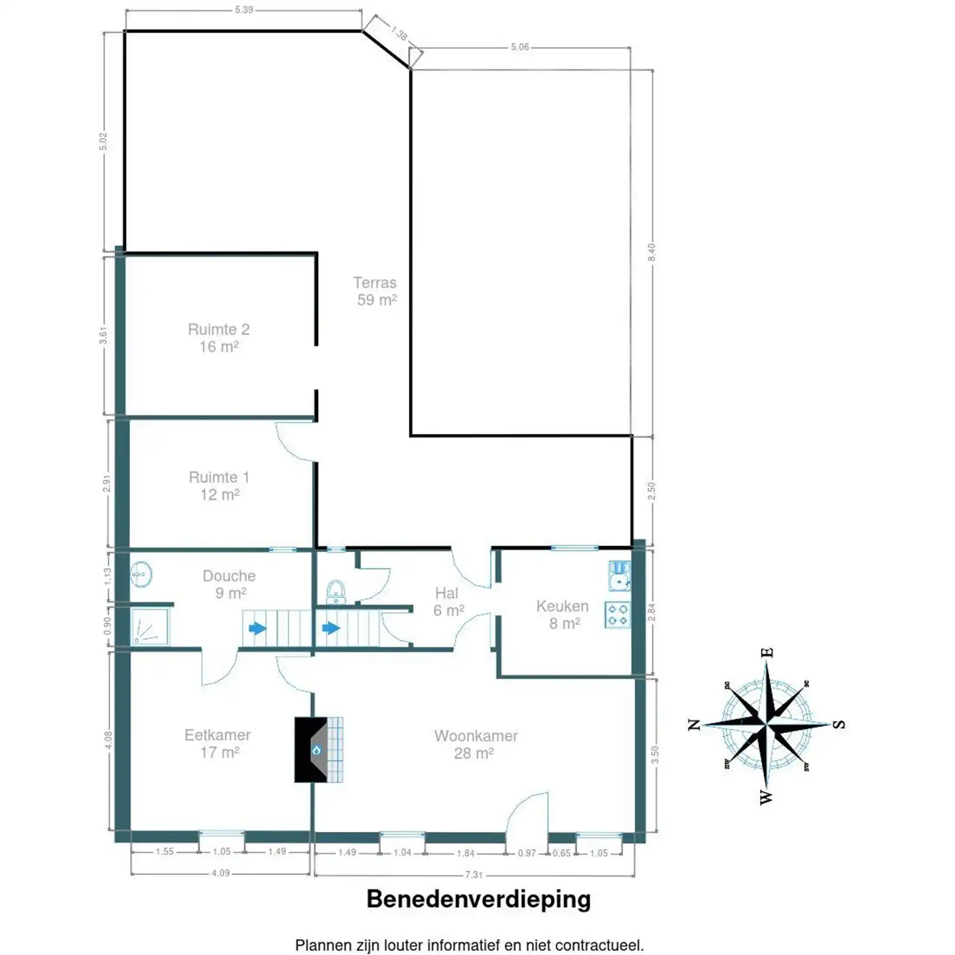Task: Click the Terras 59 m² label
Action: click(375, 291)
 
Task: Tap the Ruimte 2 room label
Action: click(218, 338)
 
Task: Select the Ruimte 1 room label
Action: click(219, 486)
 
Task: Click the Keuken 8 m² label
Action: click(562, 615)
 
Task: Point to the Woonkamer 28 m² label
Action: click(476, 744)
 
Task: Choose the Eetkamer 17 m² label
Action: click(218, 744)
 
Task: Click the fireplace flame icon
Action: click(317, 750)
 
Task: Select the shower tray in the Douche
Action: click(150, 627)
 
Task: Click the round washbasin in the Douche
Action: click(141, 574)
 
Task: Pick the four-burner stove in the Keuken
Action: click(618, 615)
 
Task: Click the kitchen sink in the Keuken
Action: click(620, 575)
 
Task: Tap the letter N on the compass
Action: click(694, 725)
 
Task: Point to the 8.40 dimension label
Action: click(652, 252)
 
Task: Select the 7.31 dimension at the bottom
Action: click(473, 875)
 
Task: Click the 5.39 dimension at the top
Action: click(244, 10)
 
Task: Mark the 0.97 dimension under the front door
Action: click(526, 854)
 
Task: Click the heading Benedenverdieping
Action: click(478, 899)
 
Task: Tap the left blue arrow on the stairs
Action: click(257, 629)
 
